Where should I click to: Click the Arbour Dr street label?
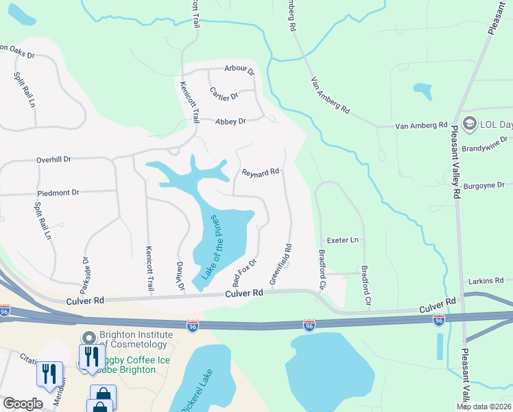(239, 69)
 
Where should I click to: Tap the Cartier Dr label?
(224, 96)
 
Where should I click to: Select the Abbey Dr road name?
(230, 122)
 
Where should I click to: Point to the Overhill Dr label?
(54, 159)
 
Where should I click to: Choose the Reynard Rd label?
(261, 172)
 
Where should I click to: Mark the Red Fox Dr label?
(244, 272)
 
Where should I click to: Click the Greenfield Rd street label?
(281, 264)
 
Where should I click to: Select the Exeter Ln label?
(344, 240)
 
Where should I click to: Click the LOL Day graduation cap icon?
(470, 124)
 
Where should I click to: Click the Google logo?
(23, 404)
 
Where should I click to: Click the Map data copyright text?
(484, 407)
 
